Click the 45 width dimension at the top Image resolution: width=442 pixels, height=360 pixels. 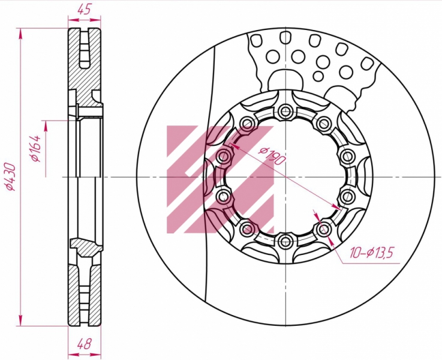click(85, 10)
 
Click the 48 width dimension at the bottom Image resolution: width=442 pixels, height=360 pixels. click(84, 344)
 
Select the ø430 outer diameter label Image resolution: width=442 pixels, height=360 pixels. click(11, 176)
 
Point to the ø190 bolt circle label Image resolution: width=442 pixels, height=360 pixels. click(273, 156)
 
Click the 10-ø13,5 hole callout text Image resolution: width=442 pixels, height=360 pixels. click(371, 253)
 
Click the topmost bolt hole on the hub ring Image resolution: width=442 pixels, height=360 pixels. click(285, 110)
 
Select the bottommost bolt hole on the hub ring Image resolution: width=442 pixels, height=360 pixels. click(285, 241)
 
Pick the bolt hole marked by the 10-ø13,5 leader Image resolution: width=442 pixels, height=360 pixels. click(324, 229)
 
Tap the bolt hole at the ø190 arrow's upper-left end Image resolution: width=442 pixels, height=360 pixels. click(224, 155)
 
